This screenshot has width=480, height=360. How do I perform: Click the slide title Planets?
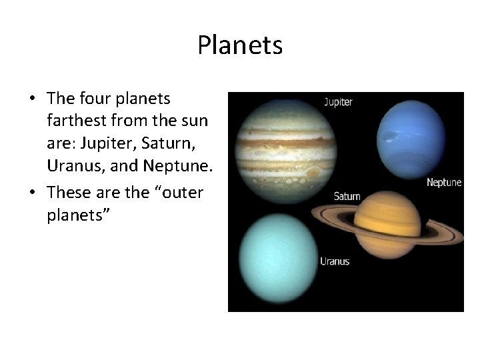coord(240,45)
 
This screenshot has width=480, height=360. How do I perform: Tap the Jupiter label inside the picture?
coord(338,102)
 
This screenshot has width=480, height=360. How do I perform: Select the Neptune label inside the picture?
coord(443,182)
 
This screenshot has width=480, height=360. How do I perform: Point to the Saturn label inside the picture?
coord(347,196)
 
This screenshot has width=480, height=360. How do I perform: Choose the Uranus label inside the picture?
coord(335,261)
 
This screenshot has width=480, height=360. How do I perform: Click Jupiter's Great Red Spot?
coord(313,171)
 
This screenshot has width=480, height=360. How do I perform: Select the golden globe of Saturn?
coord(387,225)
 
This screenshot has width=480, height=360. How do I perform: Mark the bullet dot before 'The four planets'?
coord(33,99)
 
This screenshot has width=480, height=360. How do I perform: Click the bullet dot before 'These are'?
coord(33,193)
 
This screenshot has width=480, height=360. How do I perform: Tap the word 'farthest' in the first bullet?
coord(75,121)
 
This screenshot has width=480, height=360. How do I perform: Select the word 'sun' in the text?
coord(194,121)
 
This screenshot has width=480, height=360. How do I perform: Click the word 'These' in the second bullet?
coord(69,193)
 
